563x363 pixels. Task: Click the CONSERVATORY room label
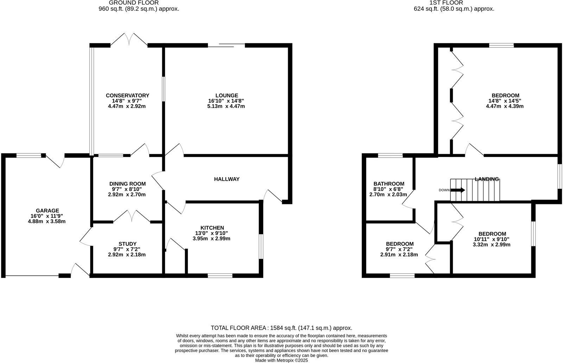[x=127, y=95]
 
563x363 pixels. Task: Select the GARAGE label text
[x=47, y=211]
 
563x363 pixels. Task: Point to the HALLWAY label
[x=227, y=179]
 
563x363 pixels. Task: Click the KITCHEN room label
[x=212, y=228]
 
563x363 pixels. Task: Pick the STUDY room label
[x=127, y=244]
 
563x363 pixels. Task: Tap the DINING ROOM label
[x=127, y=184]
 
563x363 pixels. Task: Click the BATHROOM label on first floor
[x=389, y=184]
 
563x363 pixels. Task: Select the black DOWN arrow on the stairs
[x=458, y=190]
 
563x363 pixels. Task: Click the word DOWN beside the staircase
[x=444, y=190]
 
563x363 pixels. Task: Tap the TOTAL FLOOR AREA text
[x=281, y=328]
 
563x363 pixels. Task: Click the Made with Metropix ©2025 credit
[x=281, y=360]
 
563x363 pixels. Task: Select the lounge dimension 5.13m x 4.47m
[x=227, y=106]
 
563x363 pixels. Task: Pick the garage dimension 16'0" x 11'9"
[x=47, y=216]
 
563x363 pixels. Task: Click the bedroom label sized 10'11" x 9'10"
[x=492, y=234]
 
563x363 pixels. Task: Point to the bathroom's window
[x=390, y=155]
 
